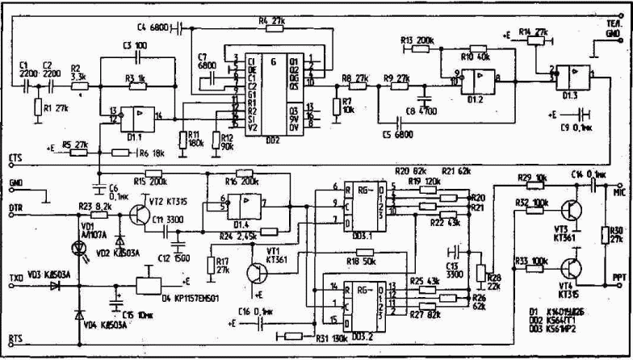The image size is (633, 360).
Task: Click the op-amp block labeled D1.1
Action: [138, 119]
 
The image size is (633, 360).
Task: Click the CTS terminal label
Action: [14, 155]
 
